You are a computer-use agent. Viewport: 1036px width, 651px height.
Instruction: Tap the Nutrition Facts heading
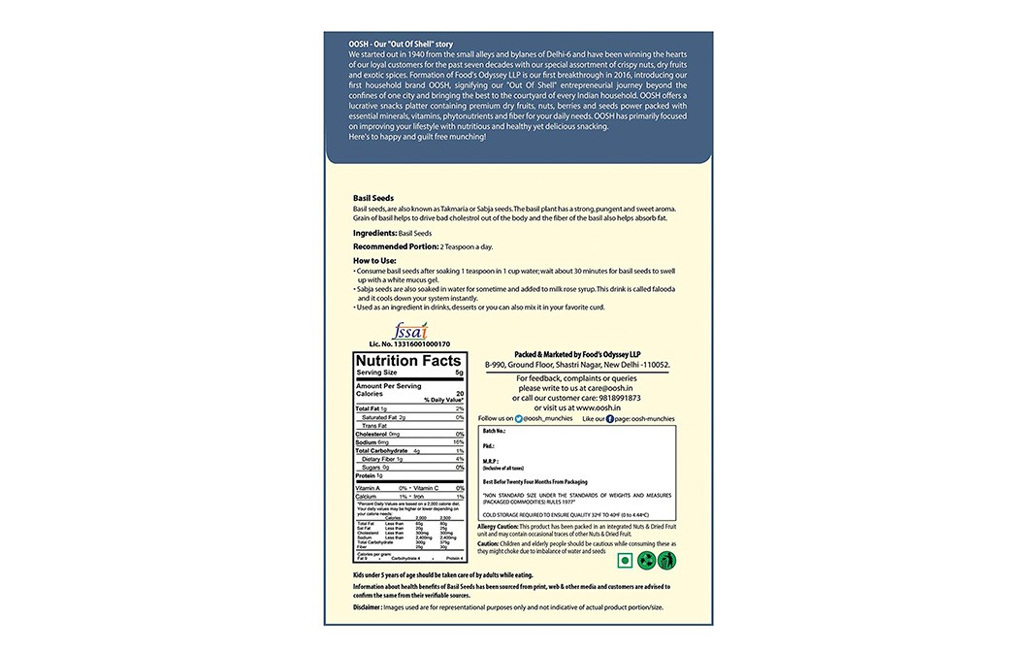407,361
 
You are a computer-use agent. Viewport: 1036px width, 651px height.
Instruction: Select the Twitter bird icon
519,418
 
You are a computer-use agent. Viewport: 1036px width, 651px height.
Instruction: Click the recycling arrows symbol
646,560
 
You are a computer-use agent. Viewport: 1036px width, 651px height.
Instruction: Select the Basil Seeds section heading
373,198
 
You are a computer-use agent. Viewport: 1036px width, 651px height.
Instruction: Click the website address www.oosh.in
598,408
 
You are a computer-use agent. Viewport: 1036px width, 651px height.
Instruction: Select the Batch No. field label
495,430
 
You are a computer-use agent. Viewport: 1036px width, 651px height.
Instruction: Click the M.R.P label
491,460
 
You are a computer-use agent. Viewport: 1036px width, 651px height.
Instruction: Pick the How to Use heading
373,261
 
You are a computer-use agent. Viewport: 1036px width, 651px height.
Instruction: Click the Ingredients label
374,234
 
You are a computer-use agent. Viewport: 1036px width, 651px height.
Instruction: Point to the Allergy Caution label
503,525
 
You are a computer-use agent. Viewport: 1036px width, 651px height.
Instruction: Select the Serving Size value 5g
459,373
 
